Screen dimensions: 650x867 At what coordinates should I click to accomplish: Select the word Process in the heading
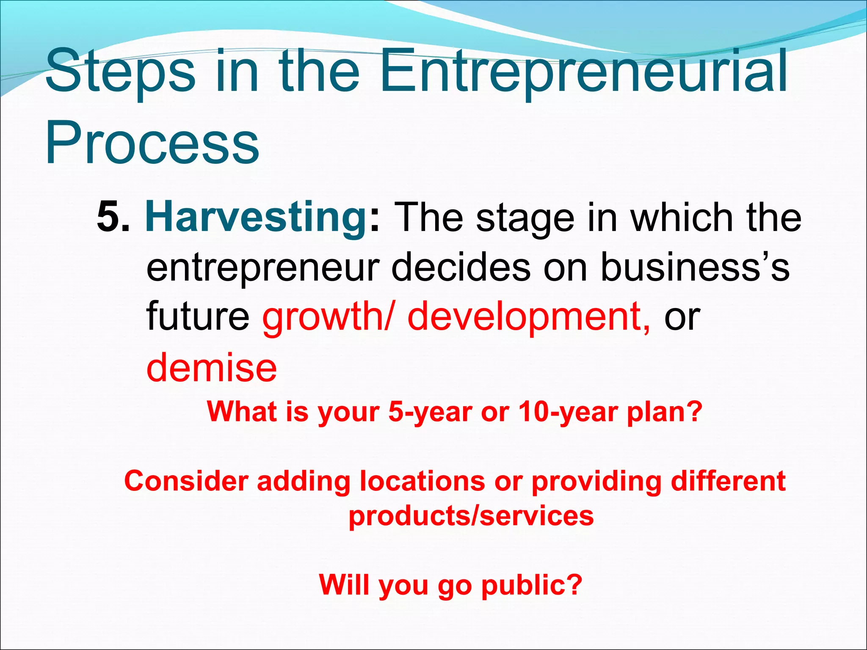tap(152, 142)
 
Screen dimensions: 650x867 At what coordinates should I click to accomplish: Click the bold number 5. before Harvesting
tap(113, 217)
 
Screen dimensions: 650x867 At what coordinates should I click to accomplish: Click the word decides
tap(461, 267)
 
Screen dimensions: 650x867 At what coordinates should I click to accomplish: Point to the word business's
tap(694, 267)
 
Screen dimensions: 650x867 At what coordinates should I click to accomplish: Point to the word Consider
tap(186, 482)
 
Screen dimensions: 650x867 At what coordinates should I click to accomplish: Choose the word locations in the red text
tap(422, 482)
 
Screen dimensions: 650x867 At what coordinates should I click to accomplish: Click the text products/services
tap(471, 517)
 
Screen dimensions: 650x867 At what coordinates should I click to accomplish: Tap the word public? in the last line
tap(532, 585)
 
